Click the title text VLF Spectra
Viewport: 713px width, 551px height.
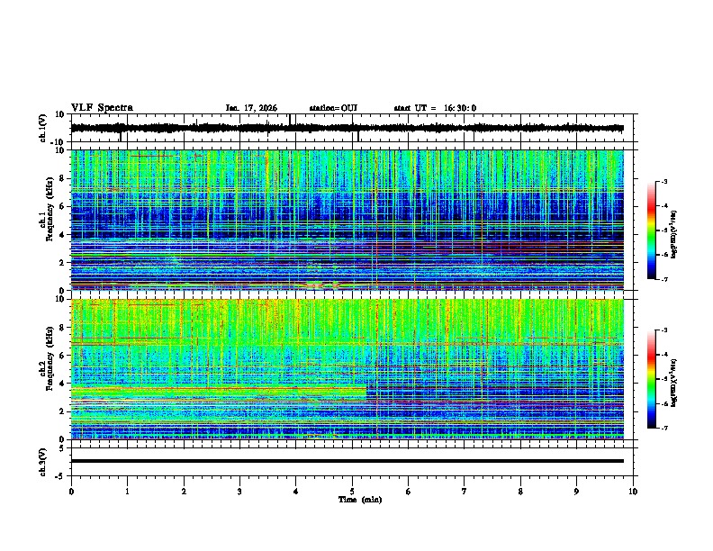click(102, 108)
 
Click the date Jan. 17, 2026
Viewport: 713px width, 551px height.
click(251, 108)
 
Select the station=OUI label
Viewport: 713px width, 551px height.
click(333, 108)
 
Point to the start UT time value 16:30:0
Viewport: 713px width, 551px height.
click(460, 108)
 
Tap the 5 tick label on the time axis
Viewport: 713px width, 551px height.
click(352, 492)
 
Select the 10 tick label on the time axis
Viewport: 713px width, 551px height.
click(633, 492)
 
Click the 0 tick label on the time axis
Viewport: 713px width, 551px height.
click(71, 492)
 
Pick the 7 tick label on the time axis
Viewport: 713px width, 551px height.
click(465, 492)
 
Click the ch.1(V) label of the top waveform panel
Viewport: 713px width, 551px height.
click(43, 129)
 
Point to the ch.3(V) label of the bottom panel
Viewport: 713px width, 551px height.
click(43, 461)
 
